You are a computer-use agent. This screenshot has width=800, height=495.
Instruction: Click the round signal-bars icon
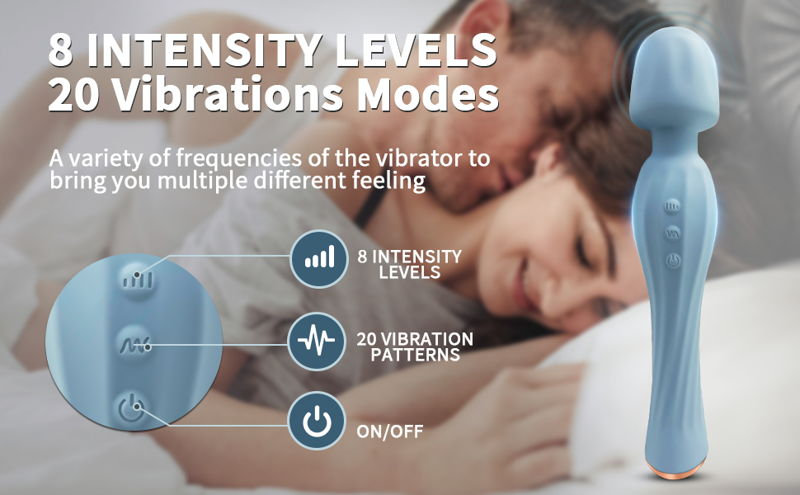319,259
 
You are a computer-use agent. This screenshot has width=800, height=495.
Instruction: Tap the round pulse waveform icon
317,341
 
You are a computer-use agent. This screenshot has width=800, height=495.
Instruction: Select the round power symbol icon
317,421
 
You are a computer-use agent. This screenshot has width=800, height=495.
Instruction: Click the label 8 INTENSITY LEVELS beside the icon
410,264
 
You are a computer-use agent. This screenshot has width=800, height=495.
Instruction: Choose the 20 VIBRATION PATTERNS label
415,347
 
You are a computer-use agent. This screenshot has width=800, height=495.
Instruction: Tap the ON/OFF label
390,431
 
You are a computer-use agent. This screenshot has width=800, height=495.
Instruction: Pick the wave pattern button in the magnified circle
134,344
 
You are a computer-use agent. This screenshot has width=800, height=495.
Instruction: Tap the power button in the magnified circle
131,408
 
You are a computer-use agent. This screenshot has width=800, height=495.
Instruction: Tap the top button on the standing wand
673,207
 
